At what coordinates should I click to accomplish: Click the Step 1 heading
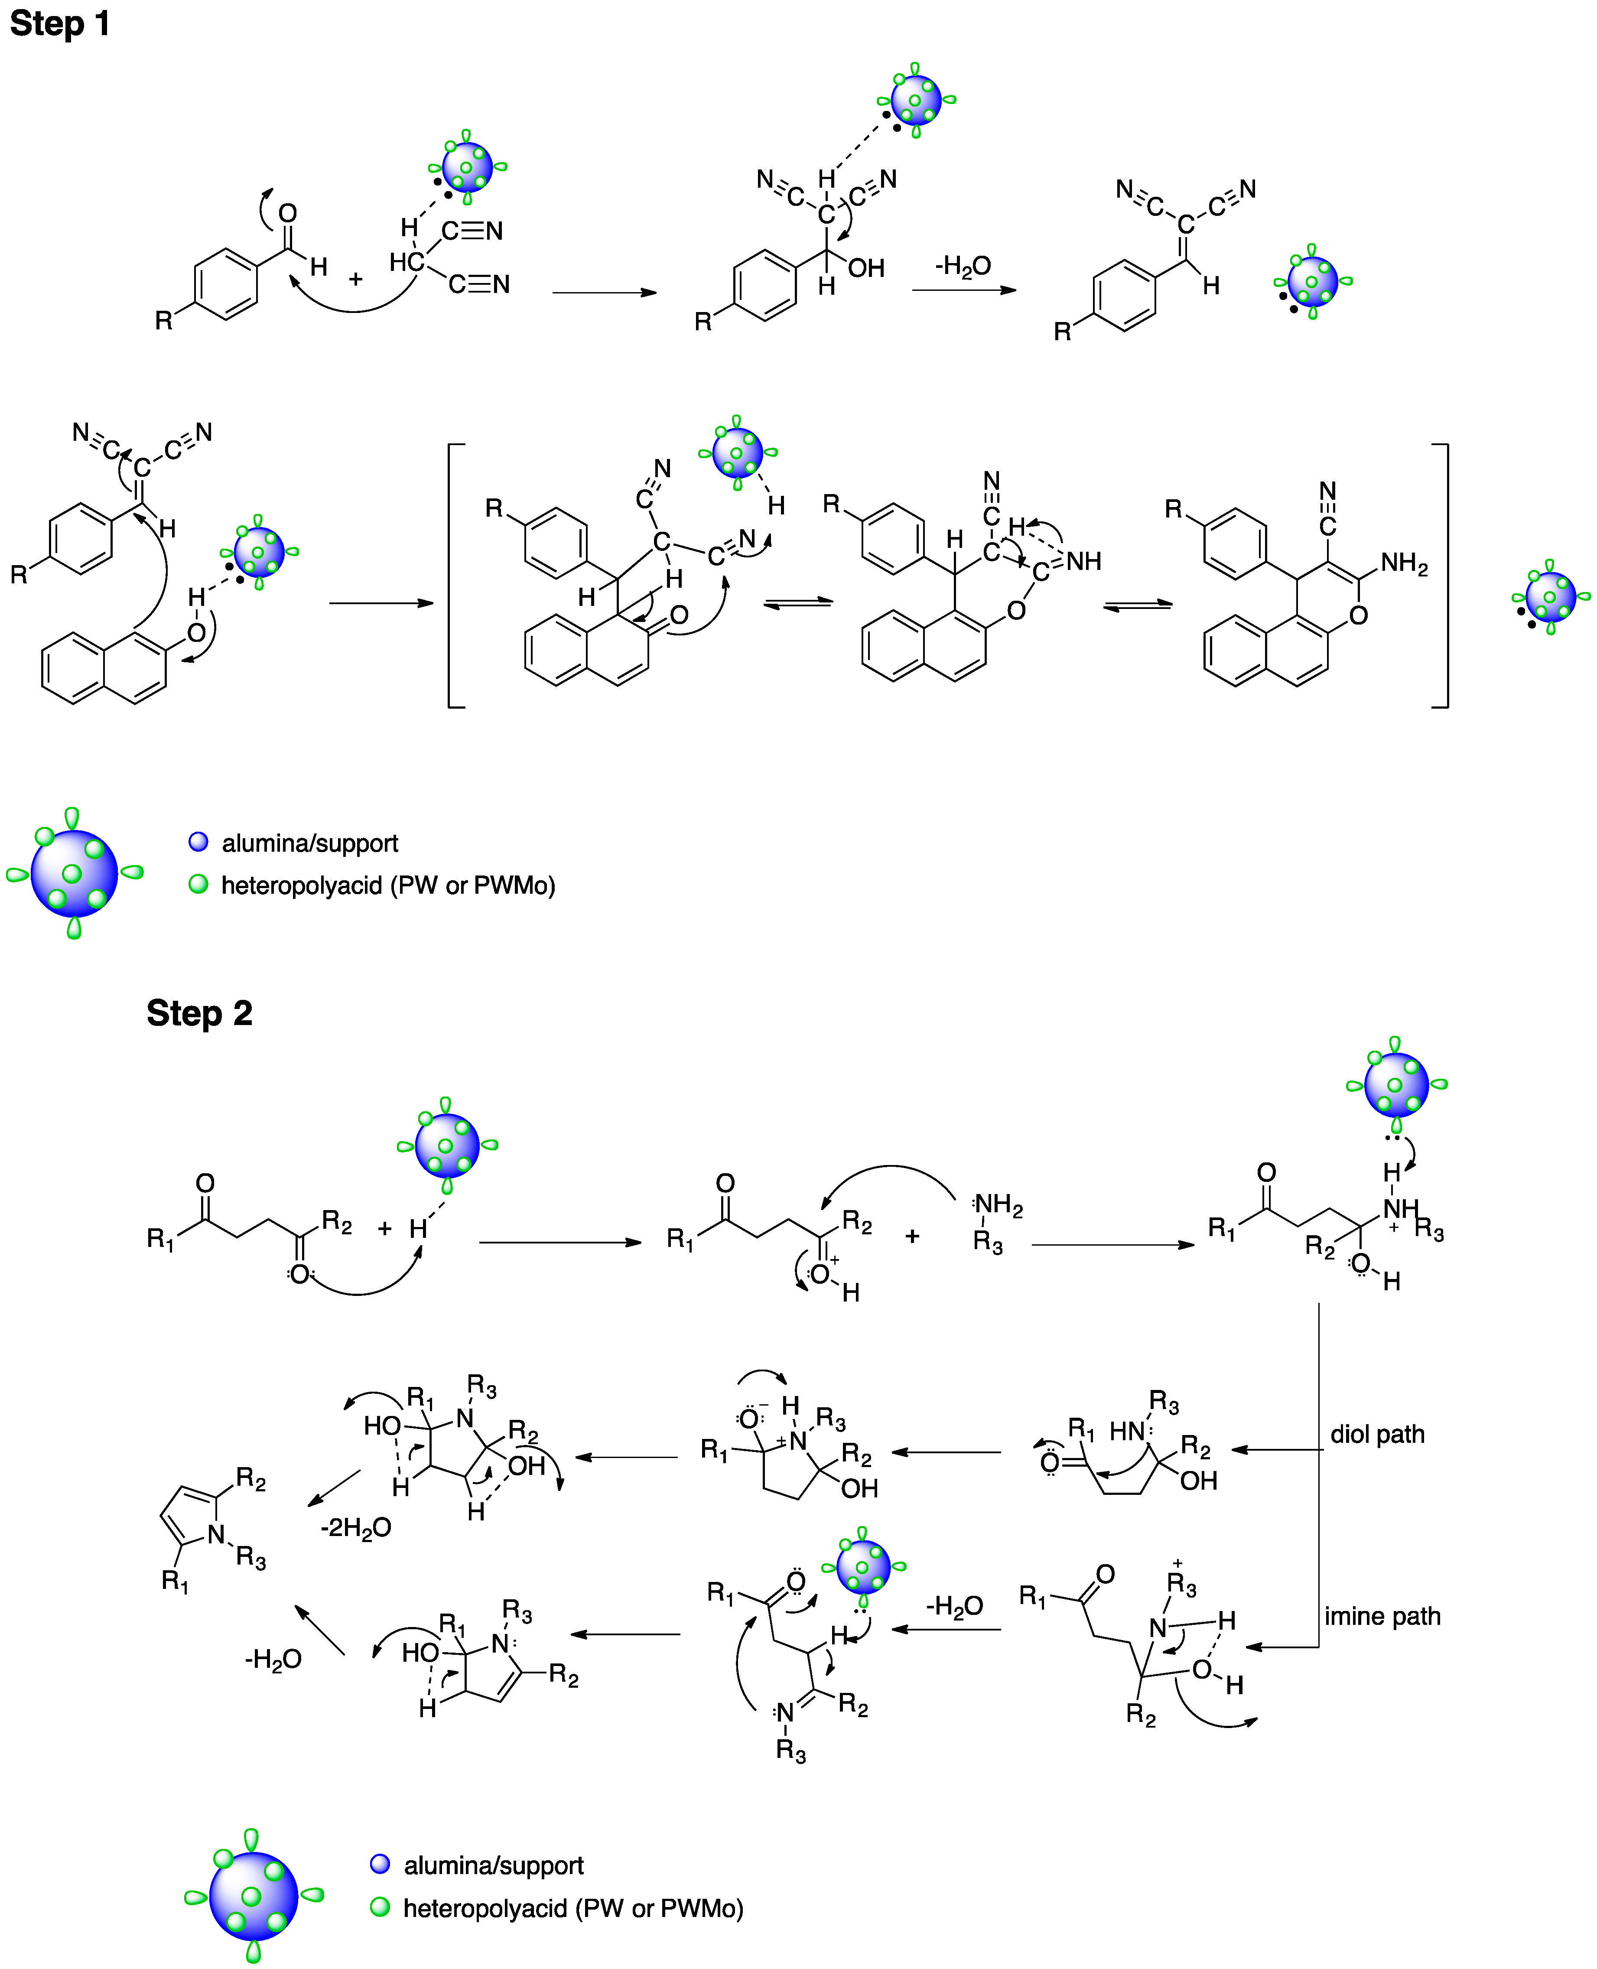pos(60,23)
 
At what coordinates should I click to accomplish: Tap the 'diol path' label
pos(1377,1435)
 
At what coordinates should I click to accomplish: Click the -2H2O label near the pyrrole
pos(356,1527)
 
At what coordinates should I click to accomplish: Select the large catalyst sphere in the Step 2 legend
pos(253,1895)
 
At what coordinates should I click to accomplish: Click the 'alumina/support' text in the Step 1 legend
pos(310,843)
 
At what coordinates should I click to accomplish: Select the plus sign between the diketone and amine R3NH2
pos(912,1236)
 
